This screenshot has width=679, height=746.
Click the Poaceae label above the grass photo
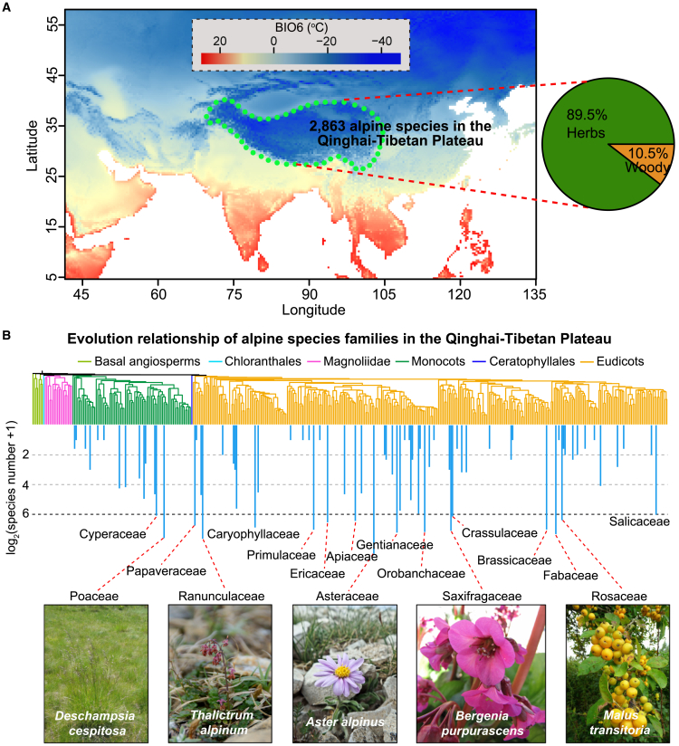click(94, 597)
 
